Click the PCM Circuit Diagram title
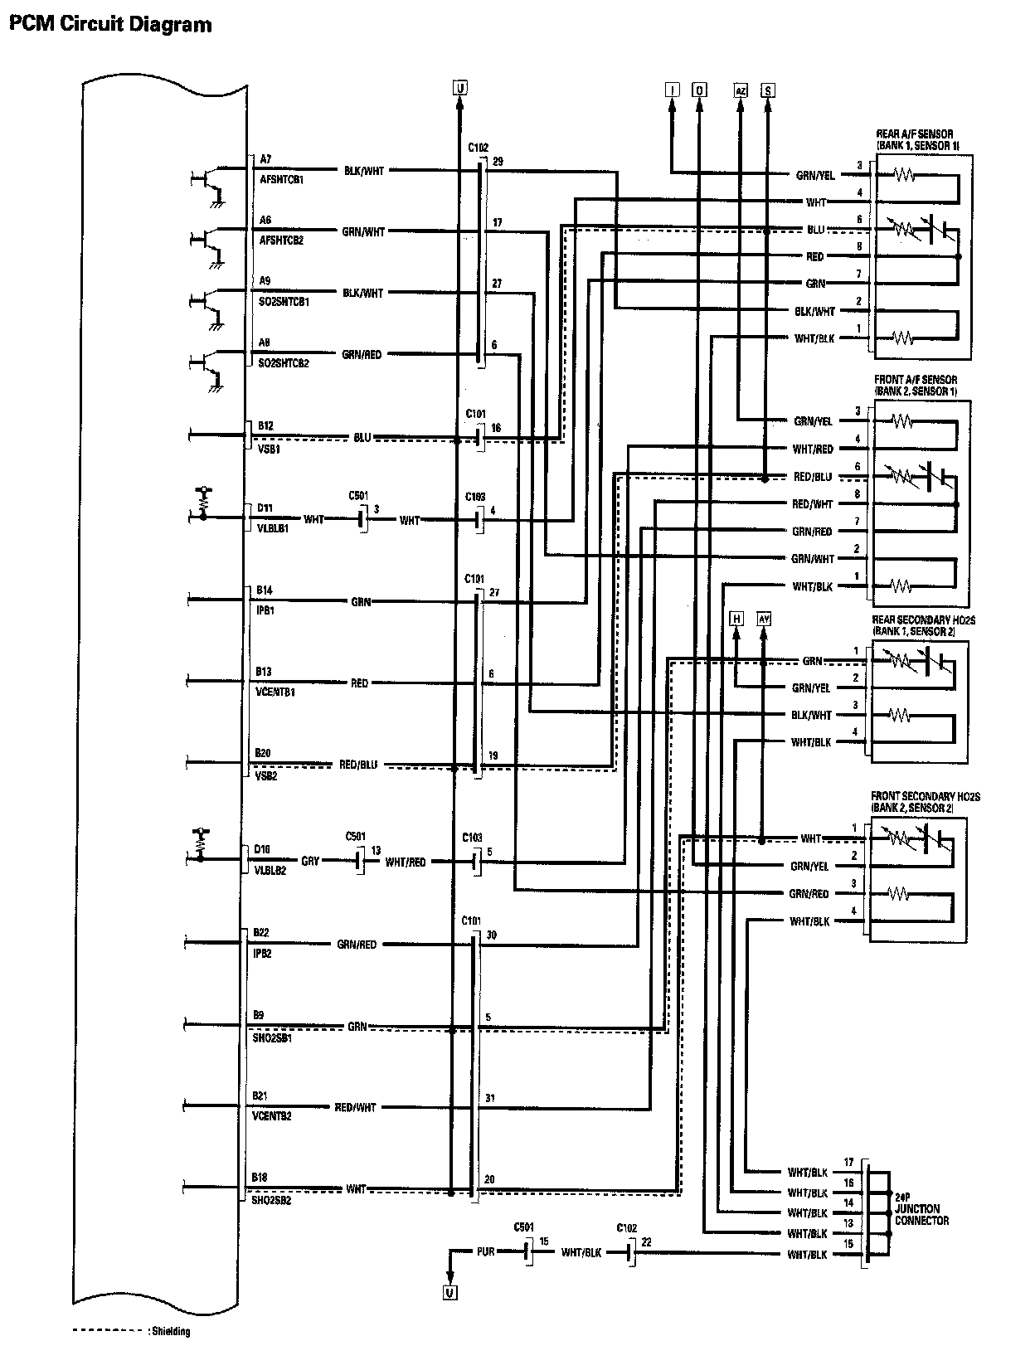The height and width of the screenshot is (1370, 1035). (x=110, y=25)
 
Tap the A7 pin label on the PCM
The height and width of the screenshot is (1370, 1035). (x=265, y=158)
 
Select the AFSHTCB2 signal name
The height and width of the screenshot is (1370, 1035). (x=281, y=240)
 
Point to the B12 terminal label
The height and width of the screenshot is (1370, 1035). (x=265, y=425)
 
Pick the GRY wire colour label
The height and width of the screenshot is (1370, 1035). (x=310, y=862)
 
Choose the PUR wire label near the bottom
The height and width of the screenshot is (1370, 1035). (x=487, y=1251)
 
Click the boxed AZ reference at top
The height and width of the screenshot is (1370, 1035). (x=740, y=90)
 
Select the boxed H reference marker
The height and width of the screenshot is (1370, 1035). (x=736, y=618)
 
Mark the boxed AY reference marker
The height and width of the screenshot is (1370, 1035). (x=764, y=618)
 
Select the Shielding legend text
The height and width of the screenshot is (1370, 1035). (x=169, y=1332)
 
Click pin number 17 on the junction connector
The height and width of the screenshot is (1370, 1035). (x=848, y=1163)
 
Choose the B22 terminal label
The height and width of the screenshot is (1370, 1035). (x=261, y=933)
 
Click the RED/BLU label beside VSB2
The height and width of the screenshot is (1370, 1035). (x=357, y=765)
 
